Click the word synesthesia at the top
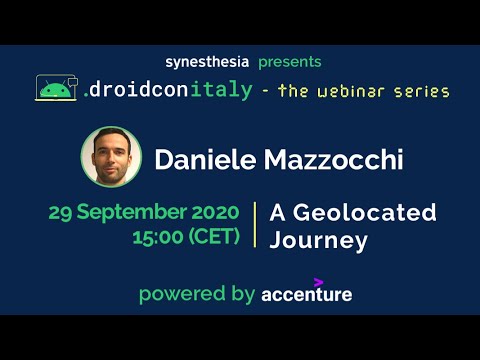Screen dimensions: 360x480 pos(207,62)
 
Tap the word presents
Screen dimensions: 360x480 pos(290,62)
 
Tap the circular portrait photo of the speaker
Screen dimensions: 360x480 pos(111,157)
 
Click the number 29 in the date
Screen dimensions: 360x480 pos(63,212)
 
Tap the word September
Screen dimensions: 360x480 pos(133,213)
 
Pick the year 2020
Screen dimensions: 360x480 pos(214,212)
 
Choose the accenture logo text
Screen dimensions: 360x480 pos(306,295)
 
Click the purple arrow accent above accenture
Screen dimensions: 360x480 pos(318,282)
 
